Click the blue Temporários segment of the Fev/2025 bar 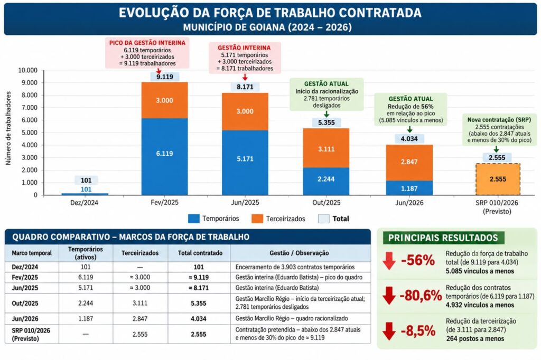point(165,157)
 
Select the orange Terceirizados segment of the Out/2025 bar point(326,148)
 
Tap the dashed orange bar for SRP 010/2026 point(498,179)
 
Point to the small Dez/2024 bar point(85,194)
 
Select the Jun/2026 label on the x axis point(409,203)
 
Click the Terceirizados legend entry point(278,219)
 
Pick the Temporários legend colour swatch point(194,219)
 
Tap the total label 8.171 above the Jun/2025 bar point(245,87)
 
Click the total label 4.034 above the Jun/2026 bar point(409,139)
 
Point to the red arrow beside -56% point(389,261)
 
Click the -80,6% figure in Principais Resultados point(421,296)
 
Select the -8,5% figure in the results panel point(418,330)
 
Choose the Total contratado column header point(200,253)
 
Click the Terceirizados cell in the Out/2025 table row point(139,303)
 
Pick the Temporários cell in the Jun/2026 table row point(86,319)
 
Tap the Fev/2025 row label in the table point(25,277)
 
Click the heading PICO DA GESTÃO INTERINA point(147,43)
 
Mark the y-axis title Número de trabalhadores point(8,128)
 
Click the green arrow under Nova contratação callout point(496,149)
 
